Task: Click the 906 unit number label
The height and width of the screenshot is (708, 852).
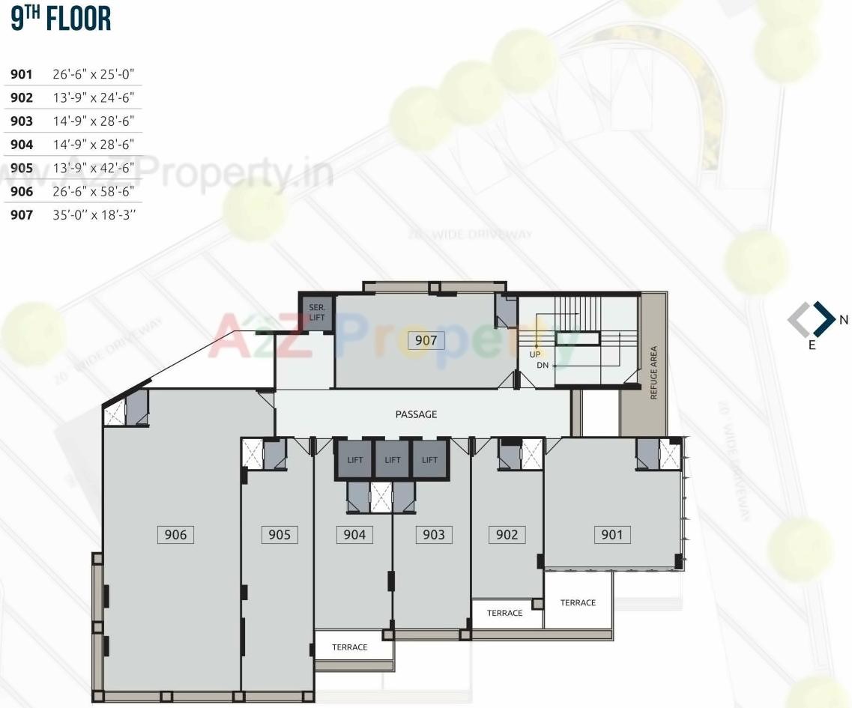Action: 175,534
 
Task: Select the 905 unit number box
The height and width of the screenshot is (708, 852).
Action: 279,534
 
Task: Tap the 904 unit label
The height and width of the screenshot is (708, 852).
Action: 354,534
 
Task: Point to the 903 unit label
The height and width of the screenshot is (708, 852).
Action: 433,534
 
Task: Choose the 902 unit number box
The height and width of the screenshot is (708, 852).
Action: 507,534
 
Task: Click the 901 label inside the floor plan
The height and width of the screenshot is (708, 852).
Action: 611,534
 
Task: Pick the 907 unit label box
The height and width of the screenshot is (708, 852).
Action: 426,341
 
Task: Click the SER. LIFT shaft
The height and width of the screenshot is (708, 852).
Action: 316,313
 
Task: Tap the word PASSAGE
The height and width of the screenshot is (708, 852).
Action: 416,414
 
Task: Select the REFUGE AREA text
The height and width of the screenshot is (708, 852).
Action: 653,372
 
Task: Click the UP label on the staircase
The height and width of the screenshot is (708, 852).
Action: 535,354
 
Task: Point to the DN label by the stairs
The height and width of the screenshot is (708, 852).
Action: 543,366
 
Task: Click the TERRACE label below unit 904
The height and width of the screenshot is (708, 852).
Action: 350,647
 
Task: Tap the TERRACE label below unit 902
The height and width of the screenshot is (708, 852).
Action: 504,613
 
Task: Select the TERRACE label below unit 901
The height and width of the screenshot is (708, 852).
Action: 578,602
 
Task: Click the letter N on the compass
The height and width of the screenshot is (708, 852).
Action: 844,320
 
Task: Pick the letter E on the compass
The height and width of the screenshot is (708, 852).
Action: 812,346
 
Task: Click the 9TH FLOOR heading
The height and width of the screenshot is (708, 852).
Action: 61,19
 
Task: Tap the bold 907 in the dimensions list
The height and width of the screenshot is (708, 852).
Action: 22,215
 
